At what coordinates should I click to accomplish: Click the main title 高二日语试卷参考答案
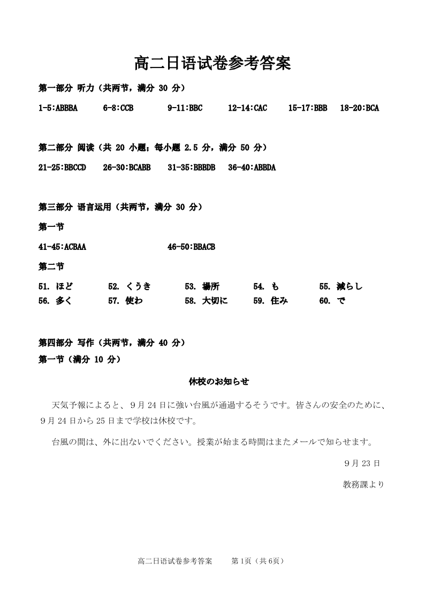[x=212, y=64]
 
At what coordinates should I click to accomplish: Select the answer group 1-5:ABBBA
[x=58, y=108]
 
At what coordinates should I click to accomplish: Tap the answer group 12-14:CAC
[x=247, y=108]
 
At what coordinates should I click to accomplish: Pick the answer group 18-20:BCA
[x=360, y=108]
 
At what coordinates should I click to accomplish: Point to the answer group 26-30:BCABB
[x=126, y=168]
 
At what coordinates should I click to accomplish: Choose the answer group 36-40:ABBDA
[x=252, y=168]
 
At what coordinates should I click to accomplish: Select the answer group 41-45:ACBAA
[x=62, y=247]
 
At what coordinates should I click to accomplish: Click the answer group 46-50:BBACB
[x=191, y=247]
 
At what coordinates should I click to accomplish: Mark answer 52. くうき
[x=130, y=286]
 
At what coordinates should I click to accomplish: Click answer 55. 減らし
[x=341, y=286]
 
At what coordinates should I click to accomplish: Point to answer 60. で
[x=332, y=301]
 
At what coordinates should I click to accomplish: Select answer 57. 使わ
[x=126, y=301]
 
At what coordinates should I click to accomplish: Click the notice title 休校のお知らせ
[x=219, y=382]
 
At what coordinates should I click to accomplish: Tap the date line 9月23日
[x=362, y=463]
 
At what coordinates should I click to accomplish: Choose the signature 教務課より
[x=363, y=484]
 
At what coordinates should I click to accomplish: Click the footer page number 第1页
[x=241, y=561]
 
